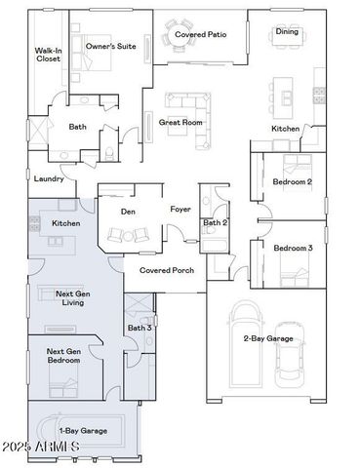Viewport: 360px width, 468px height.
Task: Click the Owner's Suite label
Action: click(x=110, y=46)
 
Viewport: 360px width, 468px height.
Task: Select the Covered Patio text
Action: click(x=200, y=35)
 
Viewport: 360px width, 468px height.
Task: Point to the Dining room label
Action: click(x=287, y=31)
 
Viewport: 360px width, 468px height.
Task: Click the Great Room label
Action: click(x=180, y=123)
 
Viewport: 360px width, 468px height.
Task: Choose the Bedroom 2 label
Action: click(x=293, y=181)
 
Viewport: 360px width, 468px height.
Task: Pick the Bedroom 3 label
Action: click(x=293, y=248)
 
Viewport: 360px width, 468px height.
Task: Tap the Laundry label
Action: click(x=49, y=179)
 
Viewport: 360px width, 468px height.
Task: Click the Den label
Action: click(x=127, y=211)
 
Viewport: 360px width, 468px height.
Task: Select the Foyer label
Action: click(x=180, y=209)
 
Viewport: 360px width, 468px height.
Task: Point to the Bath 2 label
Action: click(x=215, y=223)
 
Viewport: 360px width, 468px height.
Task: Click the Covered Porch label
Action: click(x=166, y=270)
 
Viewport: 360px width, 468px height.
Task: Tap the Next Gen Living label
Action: click(x=69, y=297)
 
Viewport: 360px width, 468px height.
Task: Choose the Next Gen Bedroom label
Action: click(x=65, y=356)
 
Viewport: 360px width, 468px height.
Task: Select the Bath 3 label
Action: click(x=140, y=328)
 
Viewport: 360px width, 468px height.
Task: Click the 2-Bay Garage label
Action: click(x=268, y=338)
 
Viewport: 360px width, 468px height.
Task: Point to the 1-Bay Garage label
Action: click(x=83, y=430)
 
